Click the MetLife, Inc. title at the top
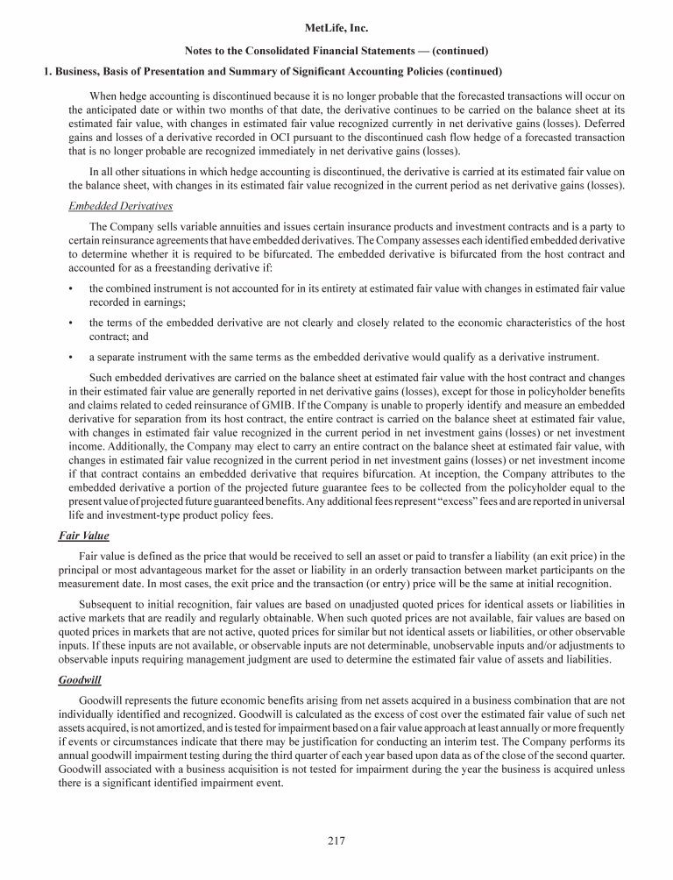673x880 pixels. pyautogui.click(x=336, y=29)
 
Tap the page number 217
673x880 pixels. pyautogui.click(x=336, y=841)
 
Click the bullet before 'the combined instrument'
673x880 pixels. pyautogui.click(x=70, y=287)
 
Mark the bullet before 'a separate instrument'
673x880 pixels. pyautogui.click(x=70, y=357)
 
